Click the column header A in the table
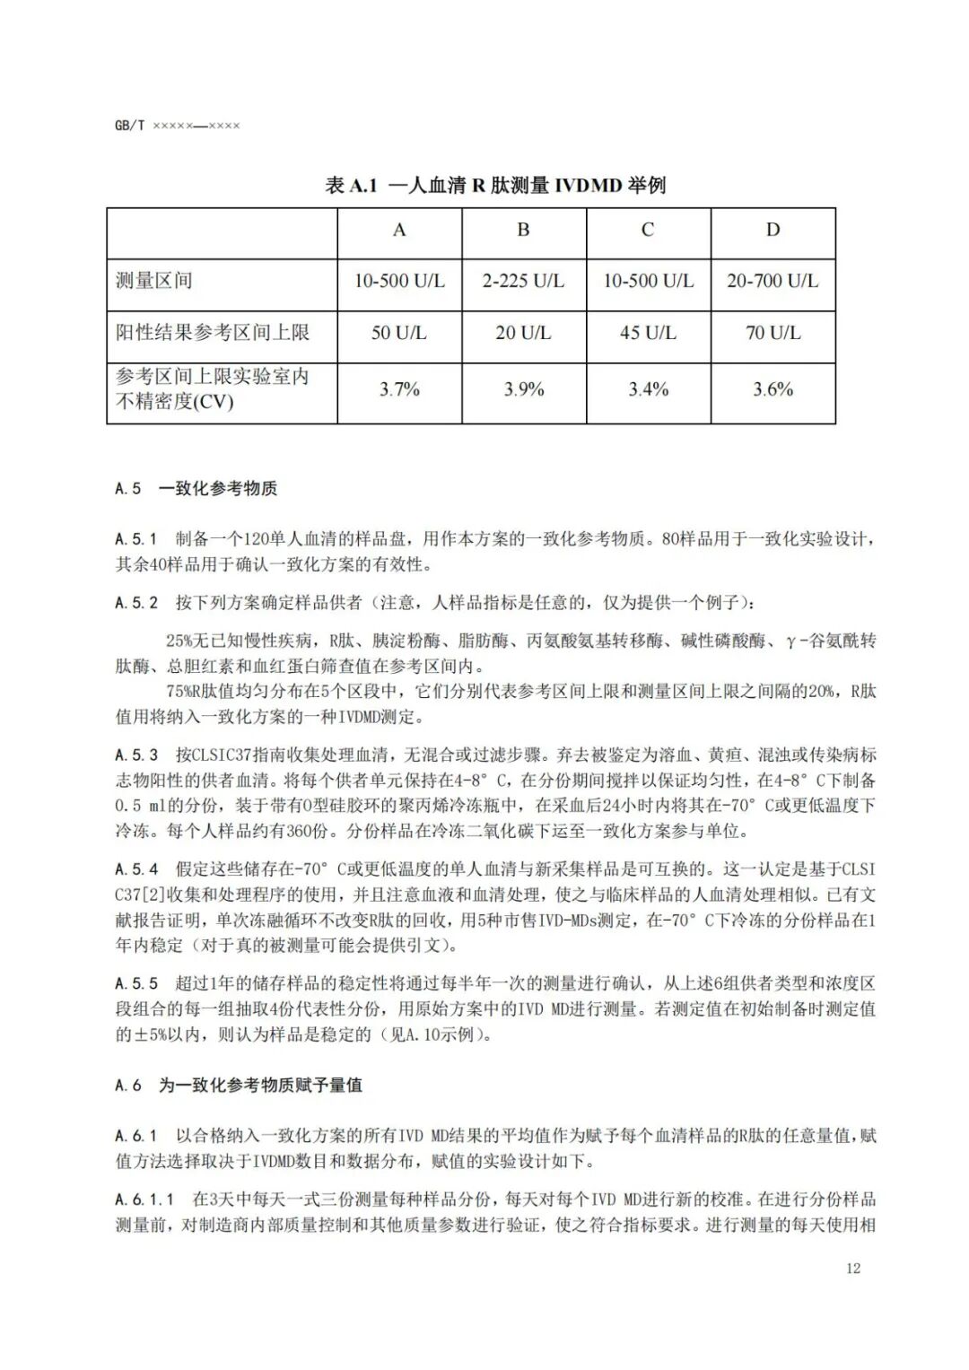(x=399, y=231)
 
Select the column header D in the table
(x=773, y=231)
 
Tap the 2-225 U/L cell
(x=523, y=282)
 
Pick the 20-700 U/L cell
(x=773, y=282)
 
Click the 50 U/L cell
(x=399, y=334)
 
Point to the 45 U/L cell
(x=648, y=334)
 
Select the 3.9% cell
(x=523, y=389)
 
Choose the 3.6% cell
(x=773, y=389)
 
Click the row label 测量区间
(x=153, y=281)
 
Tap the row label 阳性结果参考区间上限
(x=213, y=333)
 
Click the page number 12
(x=852, y=1268)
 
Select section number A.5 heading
(x=128, y=489)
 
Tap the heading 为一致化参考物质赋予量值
(x=260, y=1086)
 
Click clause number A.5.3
(x=136, y=755)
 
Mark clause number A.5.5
(x=136, y=984)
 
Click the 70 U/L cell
(x=773, y=334)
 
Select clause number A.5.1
(x=136, y=539)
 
